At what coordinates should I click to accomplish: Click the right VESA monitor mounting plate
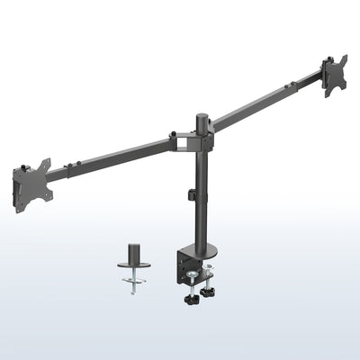pos(334,75)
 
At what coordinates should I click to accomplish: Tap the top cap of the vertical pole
pos(202,116)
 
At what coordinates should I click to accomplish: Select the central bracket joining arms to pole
pos(192,141)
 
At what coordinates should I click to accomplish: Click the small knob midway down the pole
pos(191,194)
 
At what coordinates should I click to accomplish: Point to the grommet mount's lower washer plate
pos(135,280)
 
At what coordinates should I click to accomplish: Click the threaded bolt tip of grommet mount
pos(135,292)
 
